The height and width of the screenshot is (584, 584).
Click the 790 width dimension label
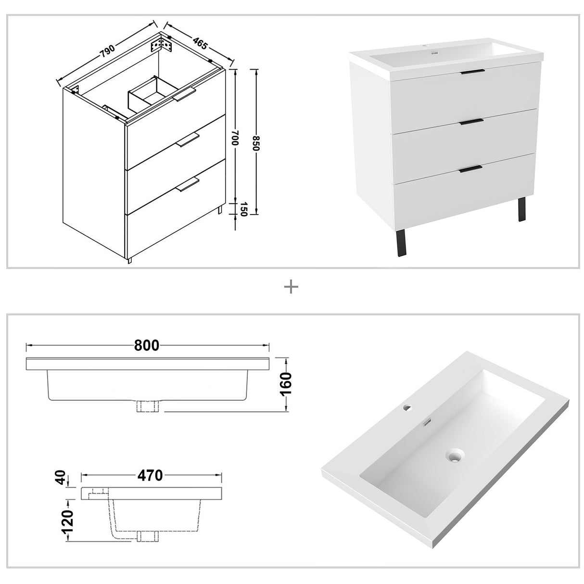(x=108, y=50)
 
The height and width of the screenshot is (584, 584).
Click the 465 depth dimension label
(x=200, y=43)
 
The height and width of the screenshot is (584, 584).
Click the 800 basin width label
(x=147, y=345)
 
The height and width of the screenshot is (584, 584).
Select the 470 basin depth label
(x=150, y=475)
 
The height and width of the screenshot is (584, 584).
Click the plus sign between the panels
(x=292, y=287)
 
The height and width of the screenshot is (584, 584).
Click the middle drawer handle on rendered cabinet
(x=471, y=122)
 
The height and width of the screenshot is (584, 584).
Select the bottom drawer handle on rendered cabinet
(x=470, y=168)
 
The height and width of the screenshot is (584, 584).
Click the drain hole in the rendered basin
(x=454, y=455)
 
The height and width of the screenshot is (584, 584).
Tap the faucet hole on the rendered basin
(x=407, y=408)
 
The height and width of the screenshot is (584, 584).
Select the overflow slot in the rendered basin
(x=426, y=423)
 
